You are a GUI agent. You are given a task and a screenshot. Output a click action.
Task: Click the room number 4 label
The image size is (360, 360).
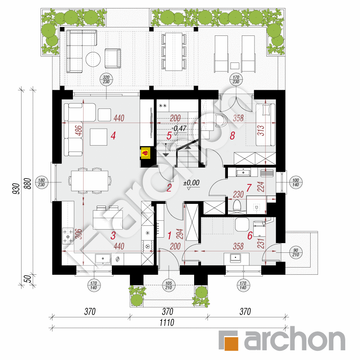pos(113,136)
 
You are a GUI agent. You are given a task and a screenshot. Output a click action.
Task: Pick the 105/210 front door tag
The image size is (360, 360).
pos(168,285)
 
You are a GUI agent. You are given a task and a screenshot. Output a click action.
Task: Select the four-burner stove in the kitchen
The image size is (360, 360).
pos(68,236)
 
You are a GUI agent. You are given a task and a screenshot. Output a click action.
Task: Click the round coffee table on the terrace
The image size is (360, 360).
pos(93,59)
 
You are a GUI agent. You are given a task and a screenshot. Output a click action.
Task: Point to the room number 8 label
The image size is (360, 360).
pos(232,136)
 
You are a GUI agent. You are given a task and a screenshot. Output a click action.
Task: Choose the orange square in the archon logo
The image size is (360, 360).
pos(229,340)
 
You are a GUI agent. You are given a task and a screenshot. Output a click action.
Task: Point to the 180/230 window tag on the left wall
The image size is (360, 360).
pos(41,182)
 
